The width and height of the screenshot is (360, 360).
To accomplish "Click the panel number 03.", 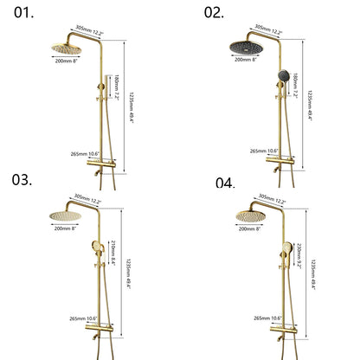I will [x=22, y=179].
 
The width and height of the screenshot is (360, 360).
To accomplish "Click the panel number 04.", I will [x=225, y=183].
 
